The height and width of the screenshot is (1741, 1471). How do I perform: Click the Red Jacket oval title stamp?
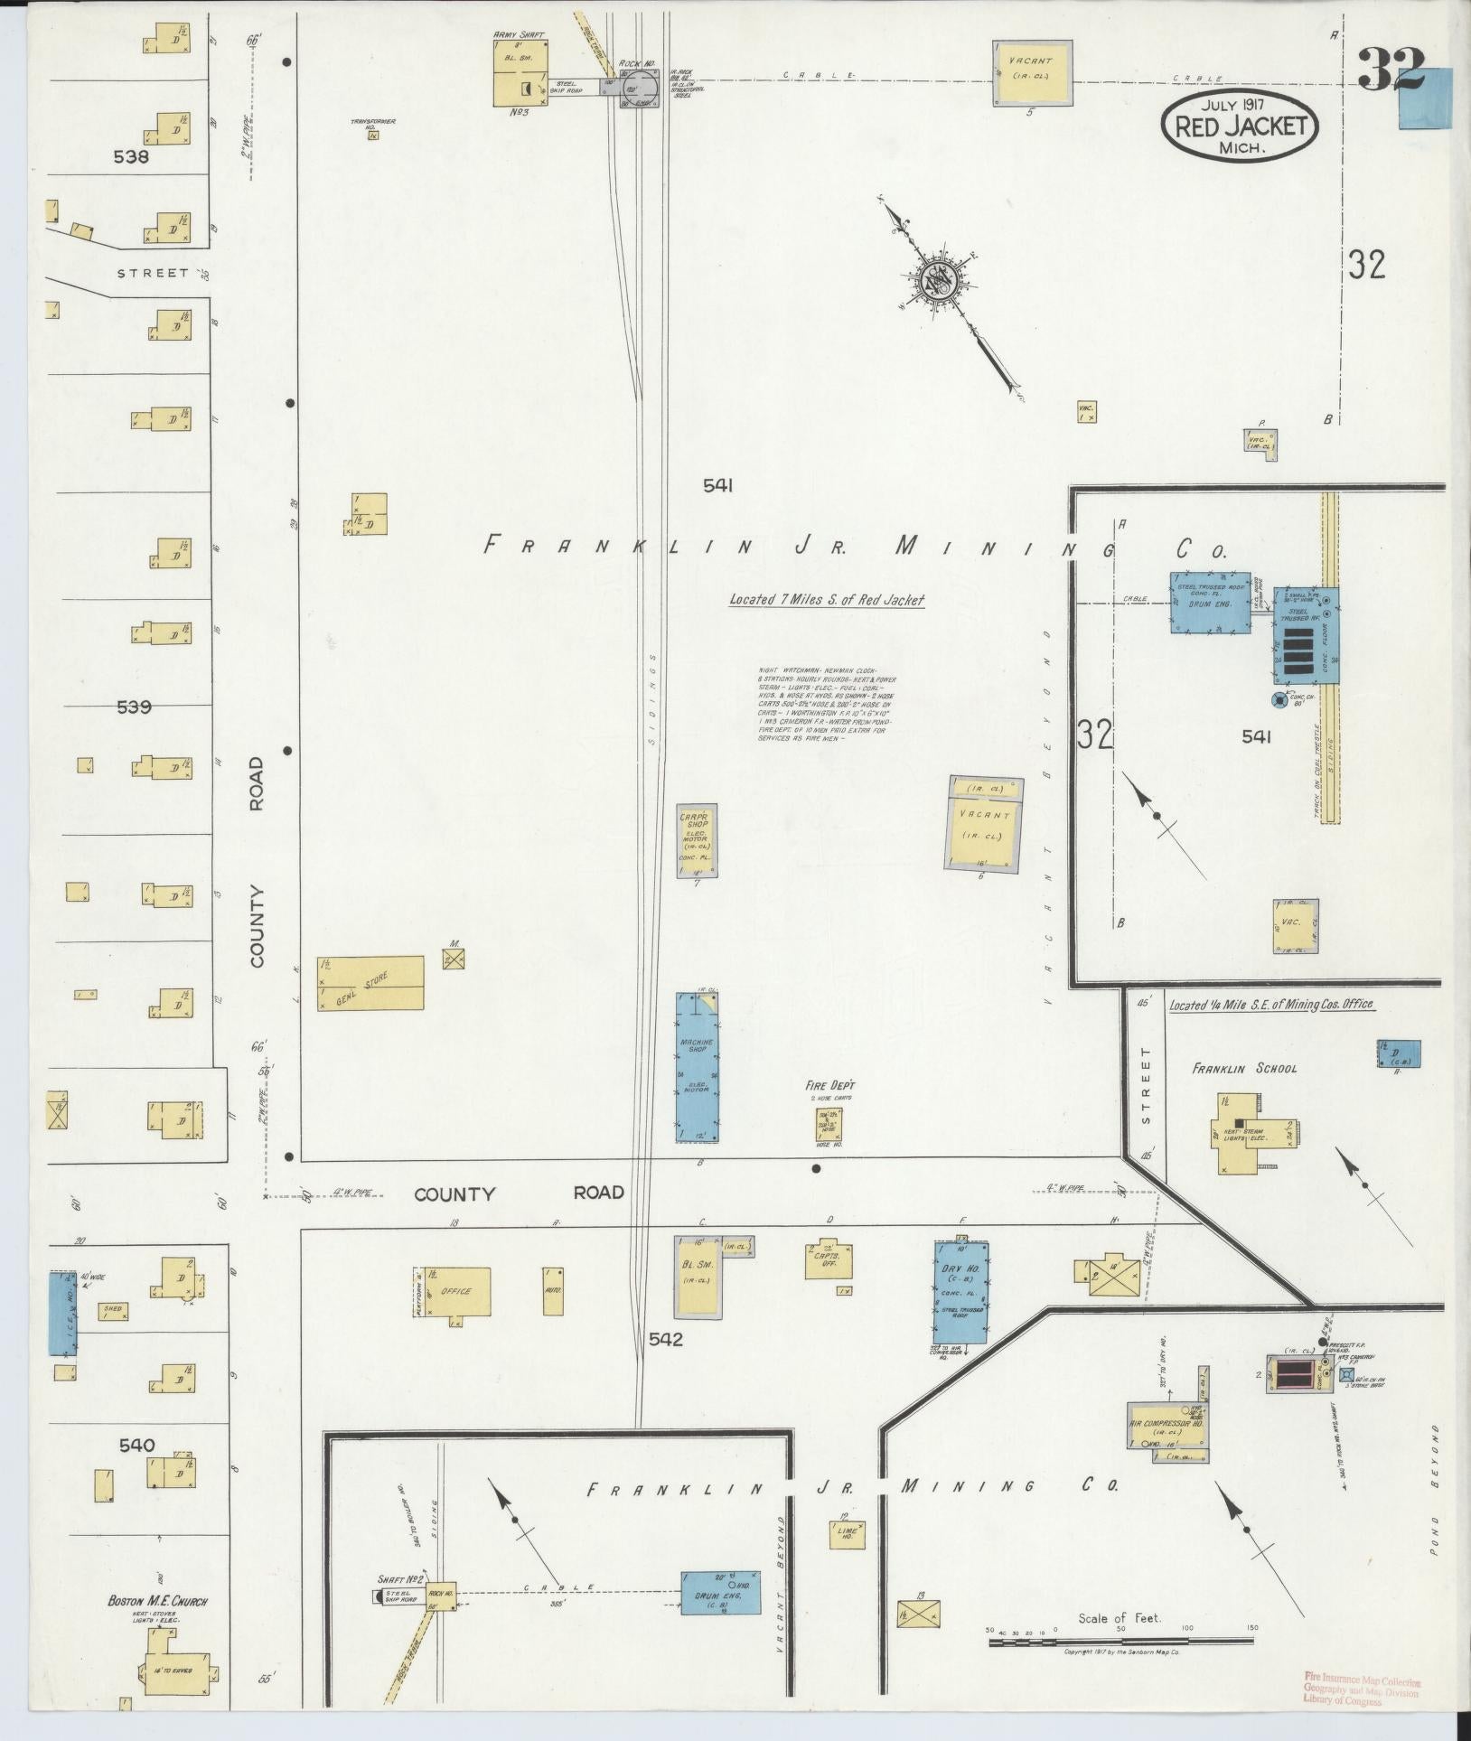(x=1240, y=126)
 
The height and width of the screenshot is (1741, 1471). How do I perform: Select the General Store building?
(x=370, y=983)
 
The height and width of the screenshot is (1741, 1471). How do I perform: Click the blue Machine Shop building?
(x=698, y=1066)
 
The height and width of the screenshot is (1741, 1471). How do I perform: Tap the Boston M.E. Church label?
(x=157, y=1602)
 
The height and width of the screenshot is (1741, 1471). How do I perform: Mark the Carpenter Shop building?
(x=698, y=839)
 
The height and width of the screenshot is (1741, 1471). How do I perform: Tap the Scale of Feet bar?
(x=1120, y=1636)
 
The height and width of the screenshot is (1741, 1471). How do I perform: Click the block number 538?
(x=131, y=156)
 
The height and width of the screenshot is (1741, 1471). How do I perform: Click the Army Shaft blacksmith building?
(x=520, y=72)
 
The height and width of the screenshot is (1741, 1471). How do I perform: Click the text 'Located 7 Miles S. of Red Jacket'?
(x=826, y=601)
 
